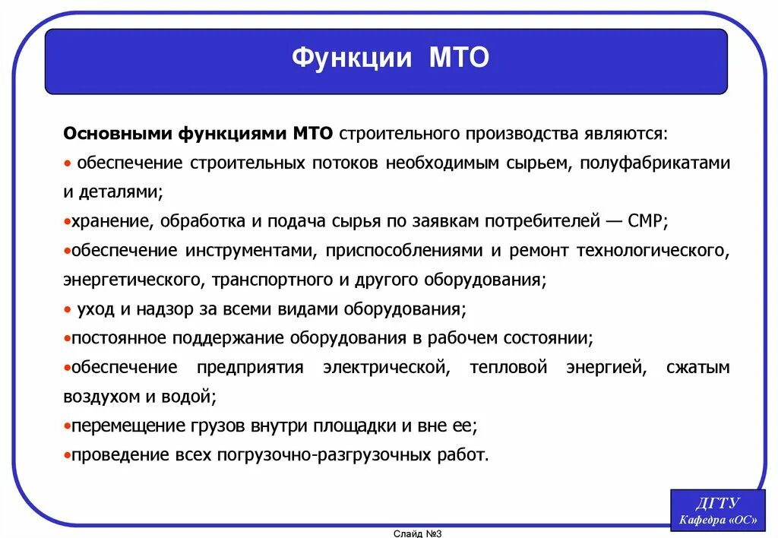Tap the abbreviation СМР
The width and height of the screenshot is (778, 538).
tap(647, 221)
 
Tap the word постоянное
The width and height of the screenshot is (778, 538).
tap(119, 337)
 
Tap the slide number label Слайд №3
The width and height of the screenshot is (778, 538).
tap(417, 533)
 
